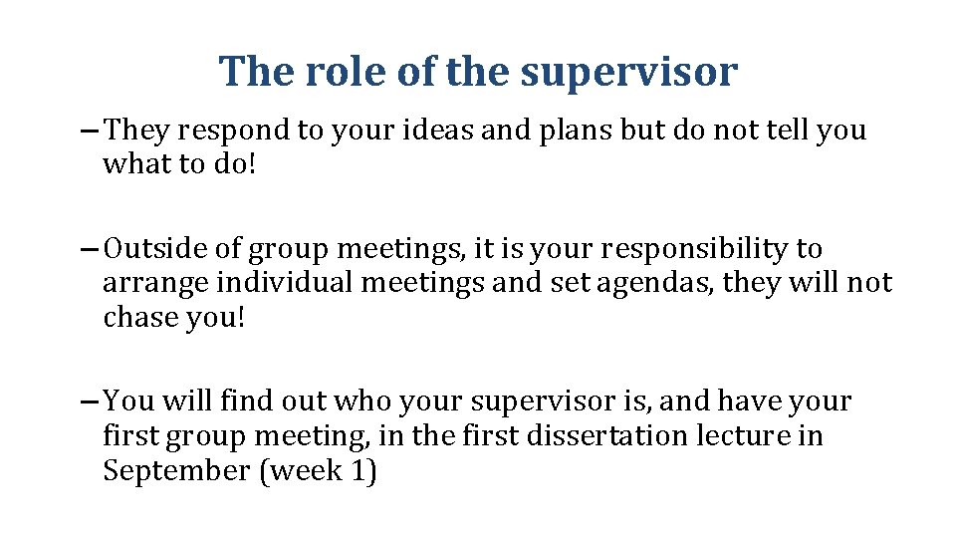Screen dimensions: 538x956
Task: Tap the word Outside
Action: pyautogui.click(x=160, y=248)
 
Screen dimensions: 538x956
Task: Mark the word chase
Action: pyautogui.click(x=133, y=318)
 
